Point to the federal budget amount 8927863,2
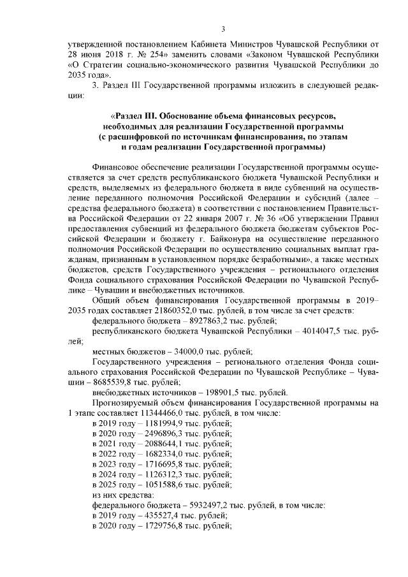[191, 320]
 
